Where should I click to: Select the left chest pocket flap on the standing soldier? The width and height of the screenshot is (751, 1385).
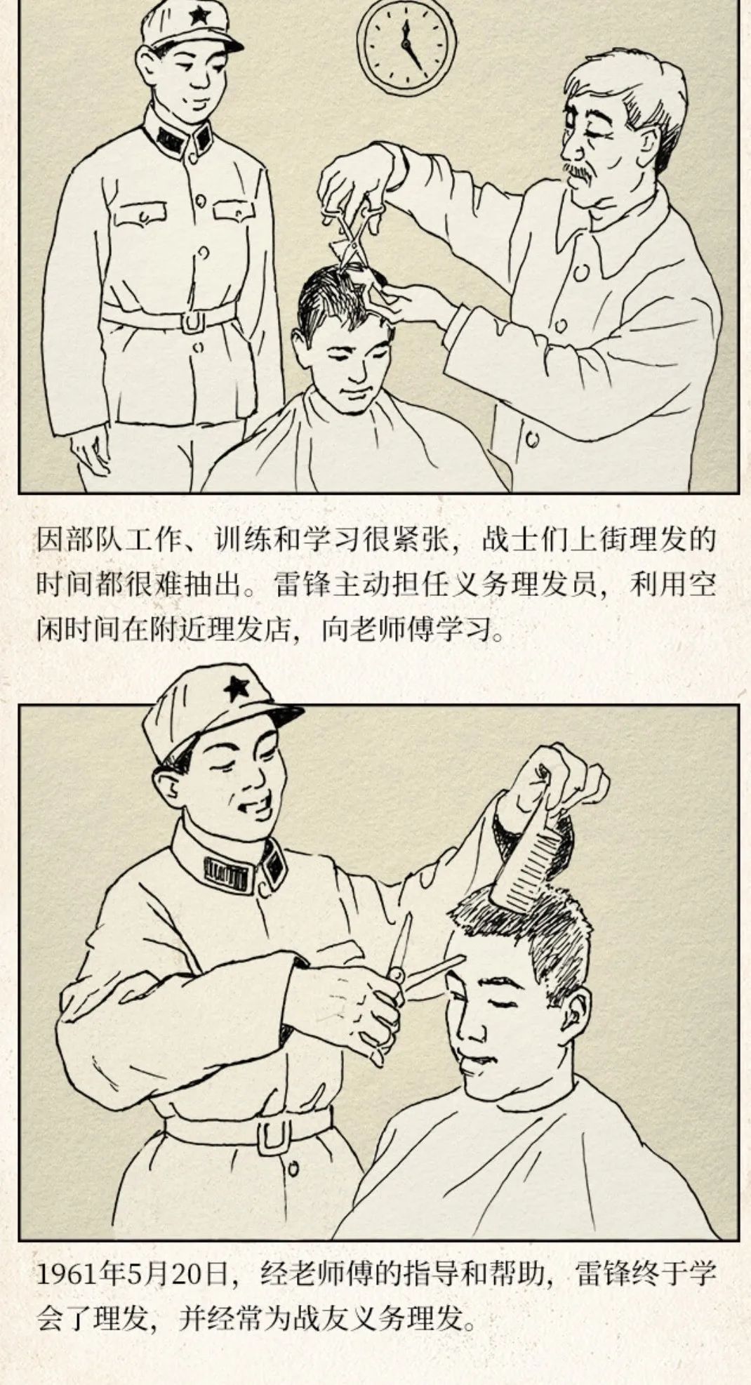tap(141, 211)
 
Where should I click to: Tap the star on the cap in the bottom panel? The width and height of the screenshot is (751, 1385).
tap(236, 689)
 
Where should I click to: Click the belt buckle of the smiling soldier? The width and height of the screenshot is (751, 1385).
tap(275, 1137)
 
